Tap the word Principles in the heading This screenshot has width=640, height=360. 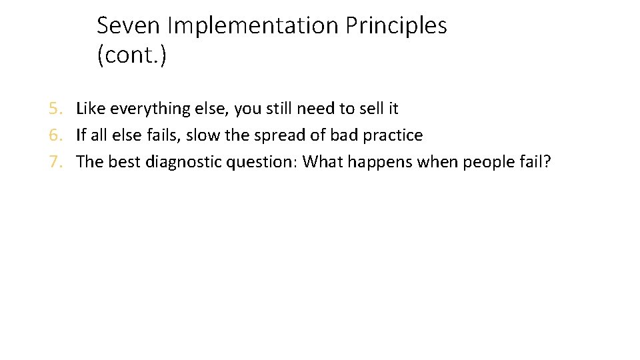pos(397,26)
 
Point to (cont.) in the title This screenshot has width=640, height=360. pos(132,56)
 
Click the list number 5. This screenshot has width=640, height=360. pos(55,108)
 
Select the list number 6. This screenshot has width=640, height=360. pos(55,135)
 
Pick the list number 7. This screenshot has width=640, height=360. pos(55,163)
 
